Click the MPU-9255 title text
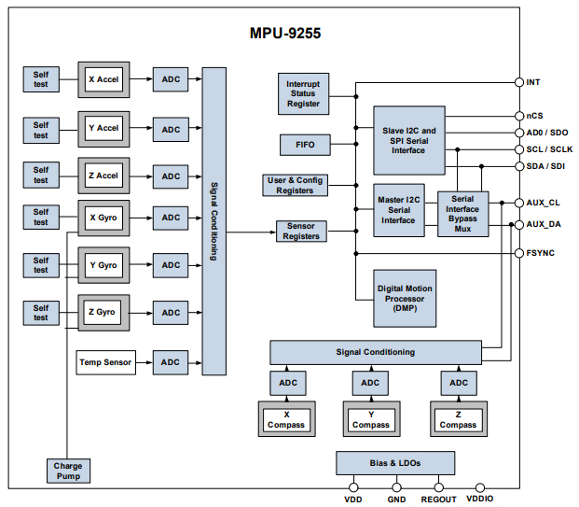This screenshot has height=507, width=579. (x=286, y=33)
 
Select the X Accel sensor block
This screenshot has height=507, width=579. (x=103, y=79)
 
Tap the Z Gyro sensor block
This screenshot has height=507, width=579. (x=103, y=312)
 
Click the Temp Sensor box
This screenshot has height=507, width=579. (x=104, y=362)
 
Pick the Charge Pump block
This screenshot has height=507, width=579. (x=68, y=470)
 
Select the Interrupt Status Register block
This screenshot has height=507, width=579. (x=303, y=93)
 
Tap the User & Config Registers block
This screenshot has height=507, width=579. (x=295, y=185)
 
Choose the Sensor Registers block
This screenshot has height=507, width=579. (x=301, y=231)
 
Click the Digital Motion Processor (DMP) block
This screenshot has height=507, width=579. (x=405, y=299)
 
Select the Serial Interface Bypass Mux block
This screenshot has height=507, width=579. (x=462, y=213)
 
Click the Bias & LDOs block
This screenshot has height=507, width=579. (x=395, y=463)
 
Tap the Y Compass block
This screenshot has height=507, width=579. (x=370, y=419)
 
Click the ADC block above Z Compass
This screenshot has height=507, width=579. (x=458, y=383)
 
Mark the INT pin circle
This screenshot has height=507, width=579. (x=519, y=82)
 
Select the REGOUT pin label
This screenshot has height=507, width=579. (x=438, y=500)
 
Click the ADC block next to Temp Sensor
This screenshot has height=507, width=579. (x=171, y=362)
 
